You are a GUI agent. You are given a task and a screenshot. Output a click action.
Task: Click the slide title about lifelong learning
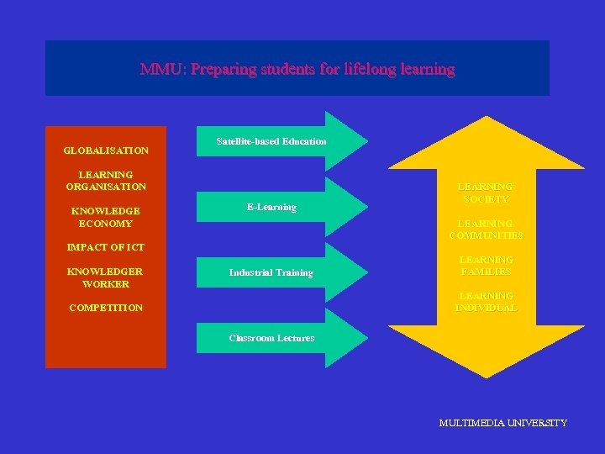pyautogui.click(x=297, y=69)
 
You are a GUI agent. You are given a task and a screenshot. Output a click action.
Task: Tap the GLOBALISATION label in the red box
pyautogui.click(x=106, y=150)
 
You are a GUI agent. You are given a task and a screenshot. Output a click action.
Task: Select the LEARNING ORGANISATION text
pyautogui.click(x=106, y=180)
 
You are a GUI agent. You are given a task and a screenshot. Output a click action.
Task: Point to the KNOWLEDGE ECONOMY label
pyautogui.click(x=106, y=217)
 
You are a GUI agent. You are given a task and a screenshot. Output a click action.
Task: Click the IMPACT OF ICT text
pyautogui.click(x=106, y=247)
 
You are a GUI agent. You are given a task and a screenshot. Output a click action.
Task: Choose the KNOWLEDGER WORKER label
pyautogui.click(x=106, y=277)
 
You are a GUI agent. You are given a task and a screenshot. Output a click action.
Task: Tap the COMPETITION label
pyautogui.click(x=106, y=308)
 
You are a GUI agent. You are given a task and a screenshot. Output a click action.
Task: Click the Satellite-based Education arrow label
pyautogui.click(x=271, y=141)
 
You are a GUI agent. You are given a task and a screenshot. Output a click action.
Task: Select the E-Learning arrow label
pyautogui.click(x=271, y=207)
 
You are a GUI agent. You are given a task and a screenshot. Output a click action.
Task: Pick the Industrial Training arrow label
pyautogui.click(x=271, y=272)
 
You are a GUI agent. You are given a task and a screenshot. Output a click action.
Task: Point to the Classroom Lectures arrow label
pyautogui.click(x=271, y=338)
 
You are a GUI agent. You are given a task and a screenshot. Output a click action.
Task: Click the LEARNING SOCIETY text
pyautogui.click(x=486, y=193)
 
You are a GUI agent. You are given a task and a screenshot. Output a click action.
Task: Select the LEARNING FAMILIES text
pyautogui.click(x=486, y=266)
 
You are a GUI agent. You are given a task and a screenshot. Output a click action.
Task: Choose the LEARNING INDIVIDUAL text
pyautogui.click(x=486, y=302)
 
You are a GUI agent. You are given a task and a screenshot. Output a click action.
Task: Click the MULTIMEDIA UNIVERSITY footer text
pyautogui.click(x=502, y=423)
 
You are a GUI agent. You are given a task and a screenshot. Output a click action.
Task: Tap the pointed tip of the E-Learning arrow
pyautogui.click(x=366, y=206)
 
